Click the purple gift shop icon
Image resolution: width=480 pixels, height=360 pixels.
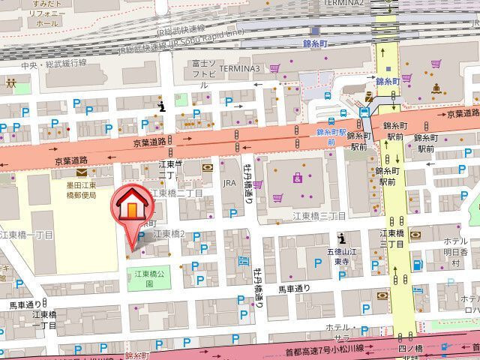click(298, 178)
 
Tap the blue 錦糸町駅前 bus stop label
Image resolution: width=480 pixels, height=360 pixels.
click(332, 136)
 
